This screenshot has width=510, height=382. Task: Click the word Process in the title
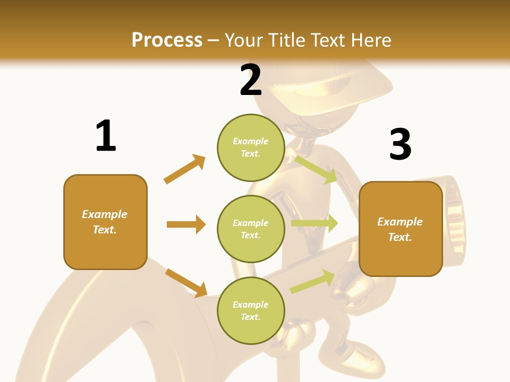point(167,40)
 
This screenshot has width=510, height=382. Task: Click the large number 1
point(106,136)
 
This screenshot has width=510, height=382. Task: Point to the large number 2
point(251,80)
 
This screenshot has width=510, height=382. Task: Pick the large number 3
point(400,144)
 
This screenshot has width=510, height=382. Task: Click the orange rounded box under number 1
point(105,222)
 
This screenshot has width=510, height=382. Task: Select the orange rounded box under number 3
point(401,229)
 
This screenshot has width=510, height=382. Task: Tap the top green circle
point(251,147)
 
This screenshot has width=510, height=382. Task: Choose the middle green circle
point(251,229)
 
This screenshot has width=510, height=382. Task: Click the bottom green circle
point(251,310)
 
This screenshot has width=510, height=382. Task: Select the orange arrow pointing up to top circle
point(185,169)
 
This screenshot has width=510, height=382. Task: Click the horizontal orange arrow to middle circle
point(186,224)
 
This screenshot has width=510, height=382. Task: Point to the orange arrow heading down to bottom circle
point(186,282)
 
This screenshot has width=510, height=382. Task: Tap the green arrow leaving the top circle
point(317,169)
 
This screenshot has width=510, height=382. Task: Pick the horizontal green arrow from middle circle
point(314,223)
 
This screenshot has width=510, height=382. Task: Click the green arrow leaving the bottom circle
point(312,281)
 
